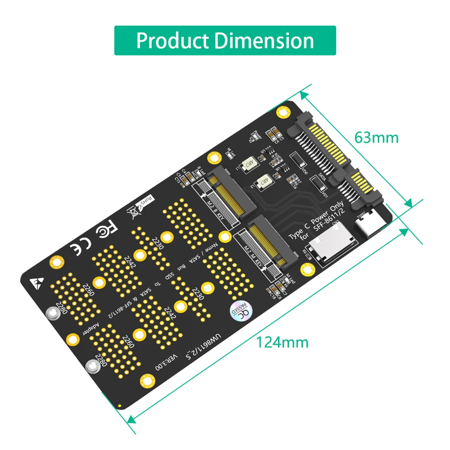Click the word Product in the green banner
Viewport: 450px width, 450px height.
(173, 41)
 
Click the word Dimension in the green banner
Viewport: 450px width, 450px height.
(264, 41)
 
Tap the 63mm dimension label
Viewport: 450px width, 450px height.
(377, 138)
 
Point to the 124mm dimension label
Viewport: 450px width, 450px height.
(283, 342)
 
